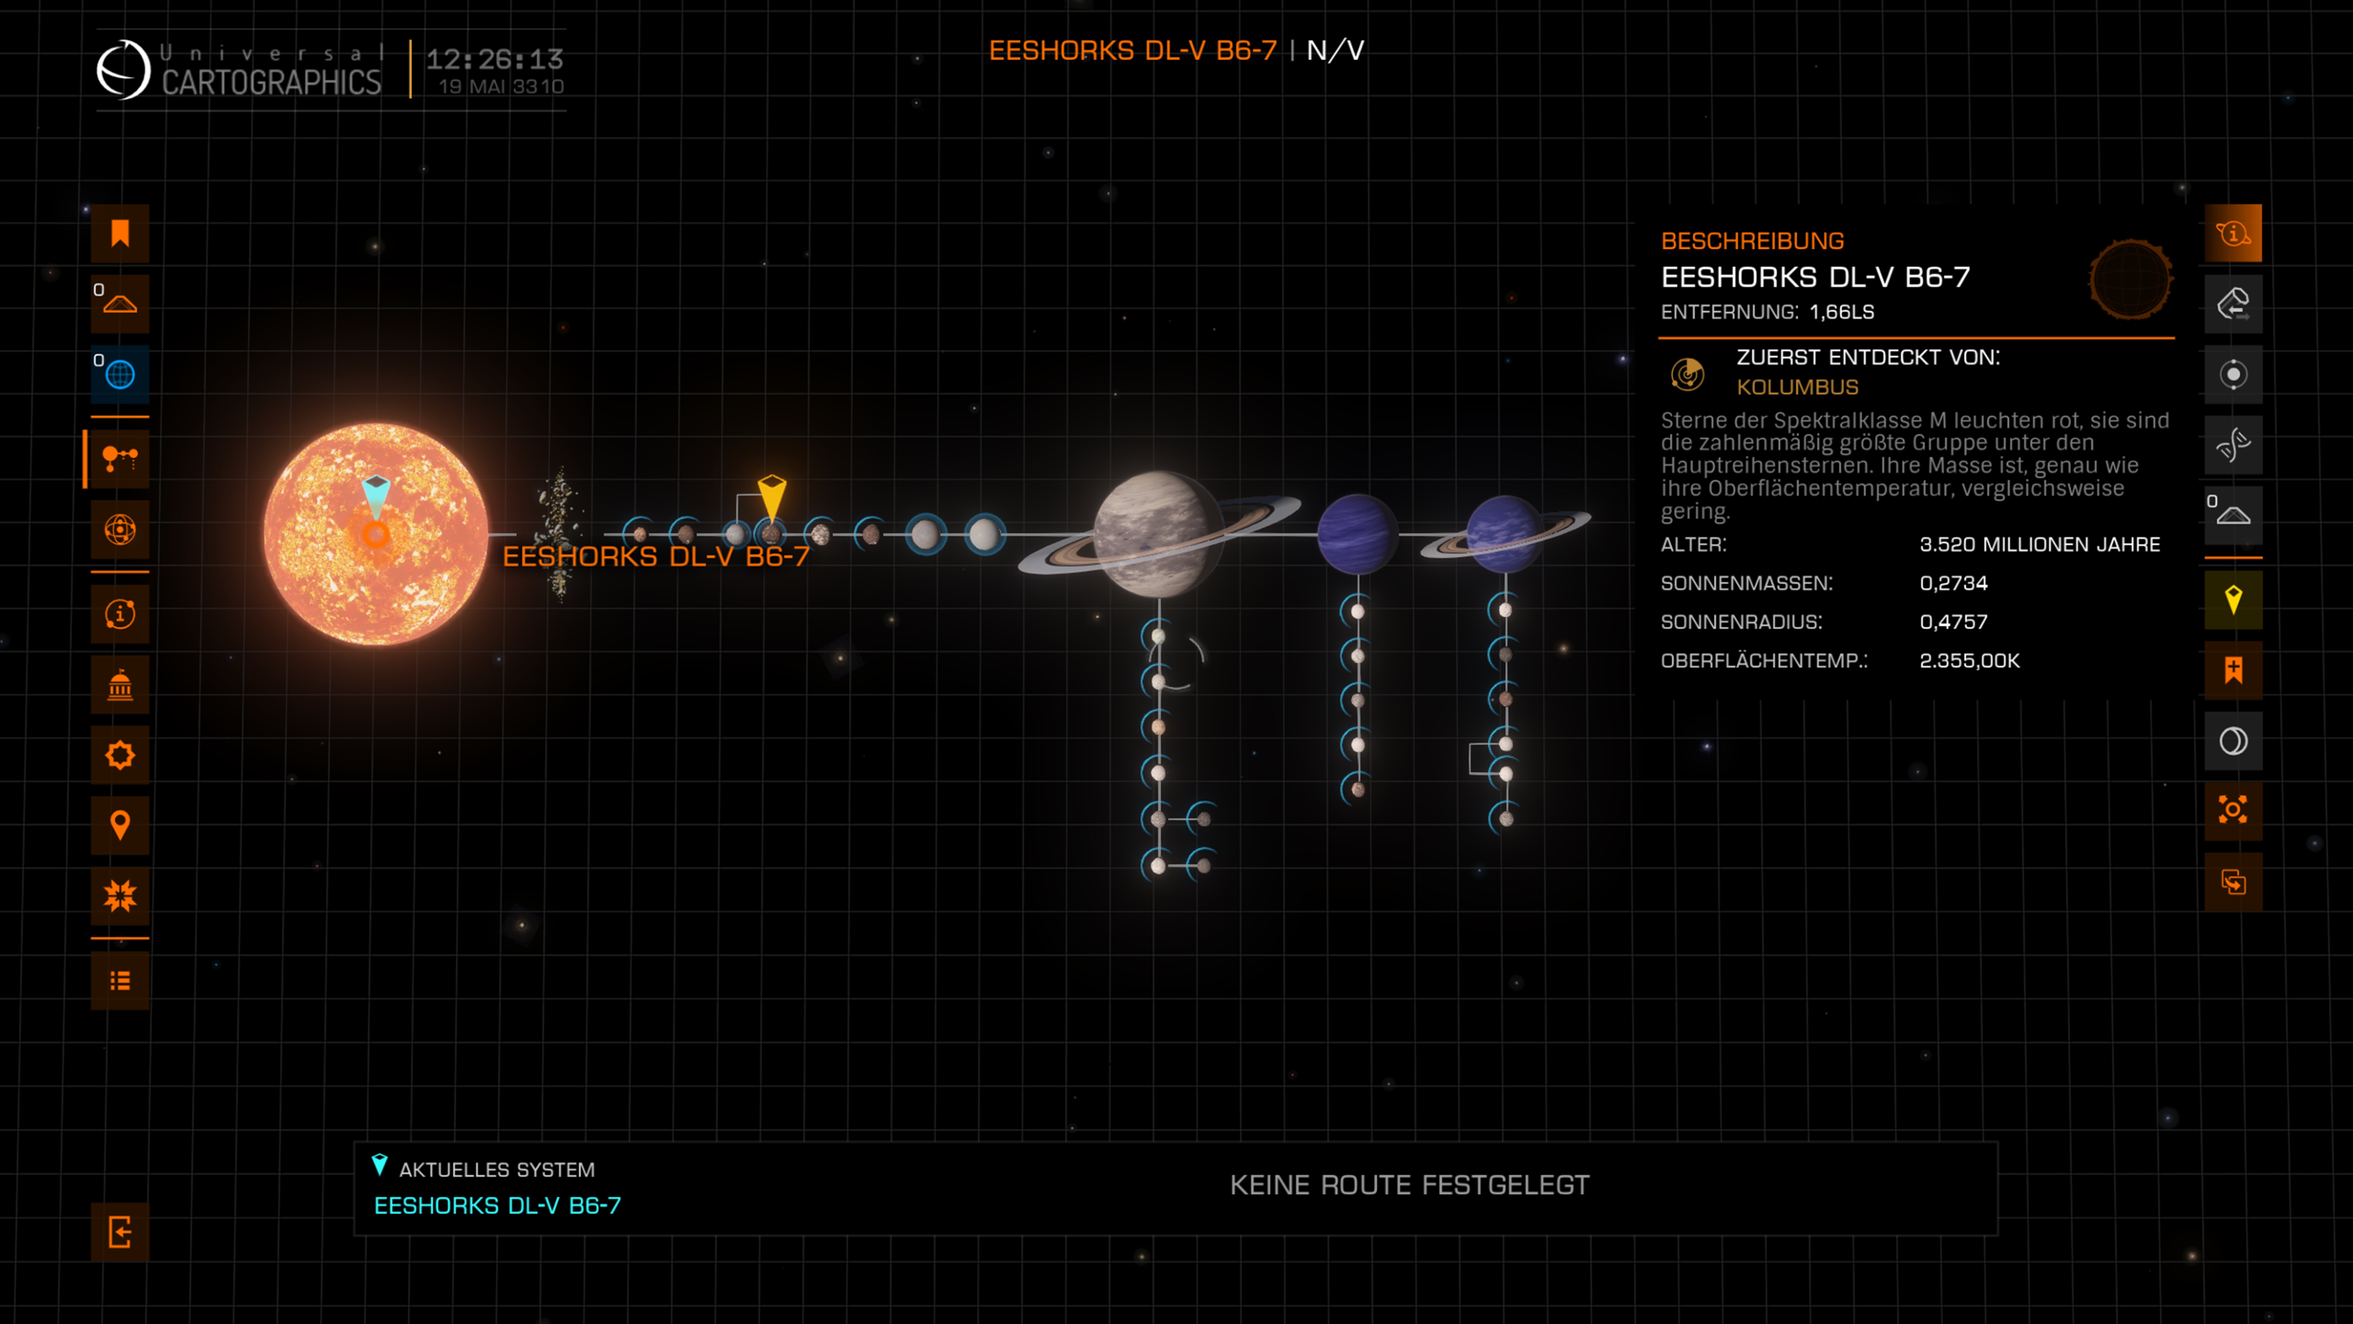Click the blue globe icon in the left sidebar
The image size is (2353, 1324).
coord(120,374)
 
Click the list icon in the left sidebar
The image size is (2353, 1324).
coord(120,980)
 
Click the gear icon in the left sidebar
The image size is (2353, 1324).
coord(120,755)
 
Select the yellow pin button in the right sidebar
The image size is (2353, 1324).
coord(2233,600)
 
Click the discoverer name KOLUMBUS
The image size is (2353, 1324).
coord(1797,387)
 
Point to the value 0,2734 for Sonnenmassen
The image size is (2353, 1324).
coord(1953,583)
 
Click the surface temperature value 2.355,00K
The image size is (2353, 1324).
coord(1969,661)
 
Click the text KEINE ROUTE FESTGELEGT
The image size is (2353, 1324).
coord(1409,1185)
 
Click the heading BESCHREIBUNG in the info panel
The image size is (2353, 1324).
coord(1752,241)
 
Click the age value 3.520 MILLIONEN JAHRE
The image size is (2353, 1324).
coord(2039,545)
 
